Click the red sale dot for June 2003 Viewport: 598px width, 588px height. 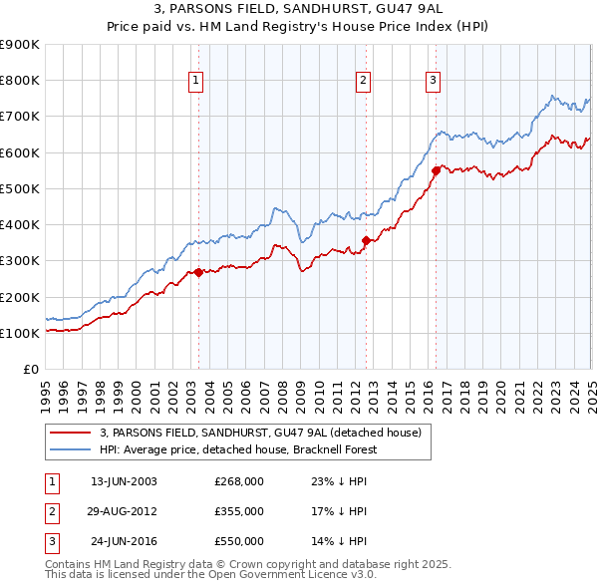click(x=198, y=272)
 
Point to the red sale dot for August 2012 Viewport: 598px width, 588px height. click(x=366, y=240)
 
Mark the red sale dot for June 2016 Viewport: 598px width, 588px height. click(x=436, y=170)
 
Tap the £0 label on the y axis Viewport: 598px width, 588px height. click(x=31, y=369)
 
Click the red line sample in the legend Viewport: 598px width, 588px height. click(x=71, y=433)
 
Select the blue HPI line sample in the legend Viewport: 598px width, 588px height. click(x=71, y=449)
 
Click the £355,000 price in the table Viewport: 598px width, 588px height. click(x=239, y=511)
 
